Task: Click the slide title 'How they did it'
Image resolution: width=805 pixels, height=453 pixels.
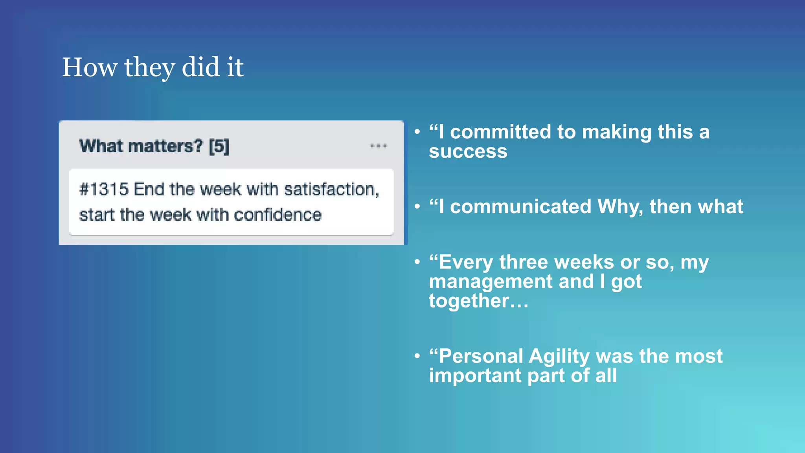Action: click(153, 67)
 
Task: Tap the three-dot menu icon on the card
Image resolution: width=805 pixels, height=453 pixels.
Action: click(378, 146)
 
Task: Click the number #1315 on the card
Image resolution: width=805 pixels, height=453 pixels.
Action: click(104, 190)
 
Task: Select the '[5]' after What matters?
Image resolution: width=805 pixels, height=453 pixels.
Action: click(219, 146)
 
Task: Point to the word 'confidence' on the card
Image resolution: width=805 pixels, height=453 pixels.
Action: click(278, 215)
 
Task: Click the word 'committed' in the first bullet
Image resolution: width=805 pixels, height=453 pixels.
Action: click(500, 132)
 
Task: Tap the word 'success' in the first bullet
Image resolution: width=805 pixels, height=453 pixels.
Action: click(468, 151)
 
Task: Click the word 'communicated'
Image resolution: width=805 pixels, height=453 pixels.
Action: click(520, 207)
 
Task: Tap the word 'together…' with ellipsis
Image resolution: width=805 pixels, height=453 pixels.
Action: click(478, 301)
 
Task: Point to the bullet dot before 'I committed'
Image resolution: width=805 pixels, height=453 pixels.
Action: click(417, 132)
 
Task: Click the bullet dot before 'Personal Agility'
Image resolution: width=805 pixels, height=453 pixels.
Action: click(417, 356)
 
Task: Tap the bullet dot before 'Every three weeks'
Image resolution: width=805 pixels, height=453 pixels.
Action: click(417, 262)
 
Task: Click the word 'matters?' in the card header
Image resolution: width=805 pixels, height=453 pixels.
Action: click(165, 146)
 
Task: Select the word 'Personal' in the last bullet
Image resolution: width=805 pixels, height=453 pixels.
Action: click(480, 356)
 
